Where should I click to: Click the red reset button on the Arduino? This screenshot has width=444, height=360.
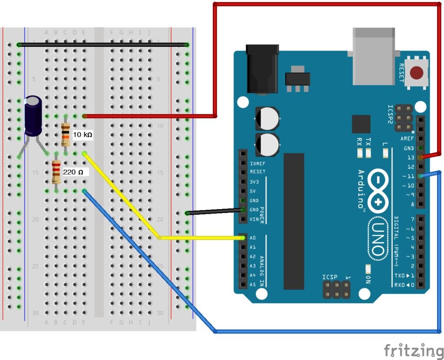(x=417, y=72)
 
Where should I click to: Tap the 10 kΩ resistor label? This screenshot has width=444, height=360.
(x=82, y=134)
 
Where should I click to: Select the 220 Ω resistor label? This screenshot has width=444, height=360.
(x=73, y=172)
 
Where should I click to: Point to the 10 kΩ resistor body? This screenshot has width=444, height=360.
(x=65, y=135)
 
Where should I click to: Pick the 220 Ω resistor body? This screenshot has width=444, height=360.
(x=56, y=172)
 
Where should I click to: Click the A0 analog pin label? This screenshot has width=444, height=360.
(x=253, y=238)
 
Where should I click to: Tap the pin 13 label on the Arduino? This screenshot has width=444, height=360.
(x=411, y=157)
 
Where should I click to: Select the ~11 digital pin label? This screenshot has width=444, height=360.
(x=408, y=176)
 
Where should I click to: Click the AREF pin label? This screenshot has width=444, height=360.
(x=407, y=138)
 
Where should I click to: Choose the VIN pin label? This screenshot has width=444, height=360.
(x=254, y=219)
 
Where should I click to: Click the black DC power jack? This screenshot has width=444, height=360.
(x=262, y=69)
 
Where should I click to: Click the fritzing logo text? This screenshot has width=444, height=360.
(x=413, y=350)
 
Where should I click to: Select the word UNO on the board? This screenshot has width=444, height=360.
(x=378, y=239)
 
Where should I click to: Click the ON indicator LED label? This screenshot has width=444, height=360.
(x=368, y=280)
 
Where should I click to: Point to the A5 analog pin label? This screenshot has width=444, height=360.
(x=253, y=285)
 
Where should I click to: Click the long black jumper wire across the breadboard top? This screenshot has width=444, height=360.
(x=103, y=45)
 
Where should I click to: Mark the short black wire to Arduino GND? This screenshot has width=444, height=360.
(x=215, y=211)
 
